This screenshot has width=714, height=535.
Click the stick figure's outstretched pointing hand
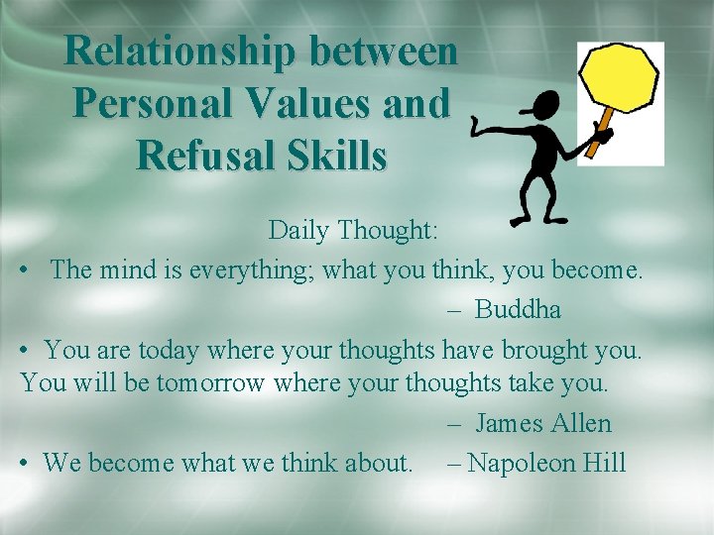477,128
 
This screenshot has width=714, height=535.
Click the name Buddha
518,309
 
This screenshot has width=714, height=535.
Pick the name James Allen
543,423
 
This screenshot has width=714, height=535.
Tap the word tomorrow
209,382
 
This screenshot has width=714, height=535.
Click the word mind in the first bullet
119,269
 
